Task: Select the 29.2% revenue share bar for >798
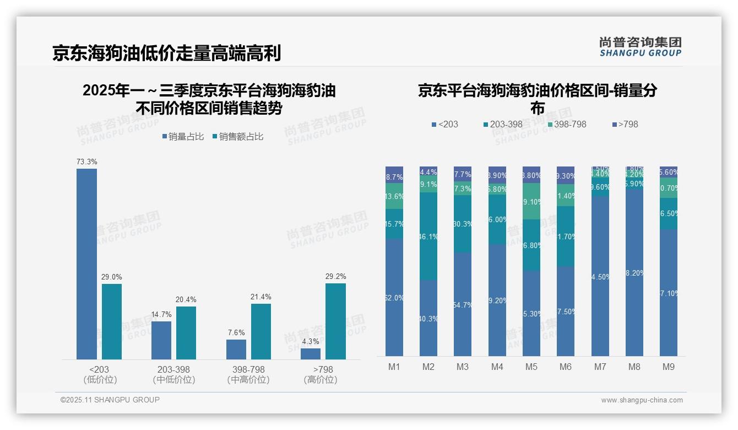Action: pyautogui.click(x=335, y=321)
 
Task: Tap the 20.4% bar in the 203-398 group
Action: pyautogui.click(x=186, y=332)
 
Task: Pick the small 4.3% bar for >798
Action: pyautogui.click(x=311, y=353)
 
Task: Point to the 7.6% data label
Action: pyautogui.click(x=236, y=333)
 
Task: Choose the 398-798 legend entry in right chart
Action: pyautogui.click(x=567, y=125)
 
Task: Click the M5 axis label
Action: pyautogui.click(x=531, y=367)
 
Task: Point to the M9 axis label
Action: pyautogui.click(x=668, y=367)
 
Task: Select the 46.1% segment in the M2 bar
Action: pyautogui.click(x=428, y=236)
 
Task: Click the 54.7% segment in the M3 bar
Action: pyautogui.click(x=463, y=304)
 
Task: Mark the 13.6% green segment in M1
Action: pyautogui.click(x=394, y=196)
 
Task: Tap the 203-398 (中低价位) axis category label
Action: pyautogui.click(x=174, y=374)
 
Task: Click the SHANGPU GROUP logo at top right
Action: pyautogui.click(x=641, y=47)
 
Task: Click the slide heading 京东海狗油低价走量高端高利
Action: pyautogui.click(x=167, y=53)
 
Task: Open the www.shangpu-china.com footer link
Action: pyautogui.click(x=642, y=400)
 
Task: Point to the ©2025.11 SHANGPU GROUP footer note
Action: pyautogui.click(x=110, y=400)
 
